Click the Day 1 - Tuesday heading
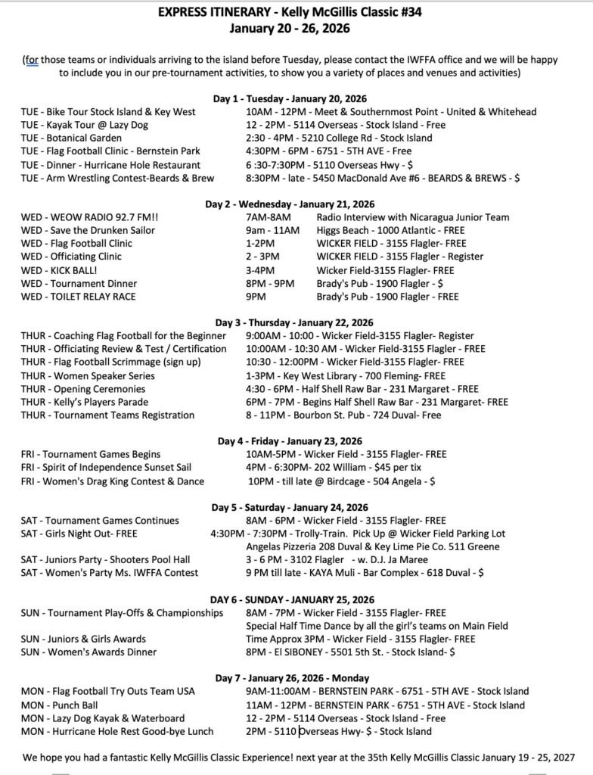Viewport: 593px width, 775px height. pyautogui.click(x=296, y=98)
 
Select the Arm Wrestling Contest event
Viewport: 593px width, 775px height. pyautogui.click(x=117, y=178)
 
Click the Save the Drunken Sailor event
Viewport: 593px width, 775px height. pyautogui.click(x=88, y=230)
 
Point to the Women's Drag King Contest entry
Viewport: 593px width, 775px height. pyautogui.click(x=112, y=481)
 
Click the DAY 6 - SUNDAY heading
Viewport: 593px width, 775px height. pyautogui.click(x=296, y=599)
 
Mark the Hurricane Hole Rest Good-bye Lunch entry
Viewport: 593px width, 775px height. pyautogui.click(x=117, y=731)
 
